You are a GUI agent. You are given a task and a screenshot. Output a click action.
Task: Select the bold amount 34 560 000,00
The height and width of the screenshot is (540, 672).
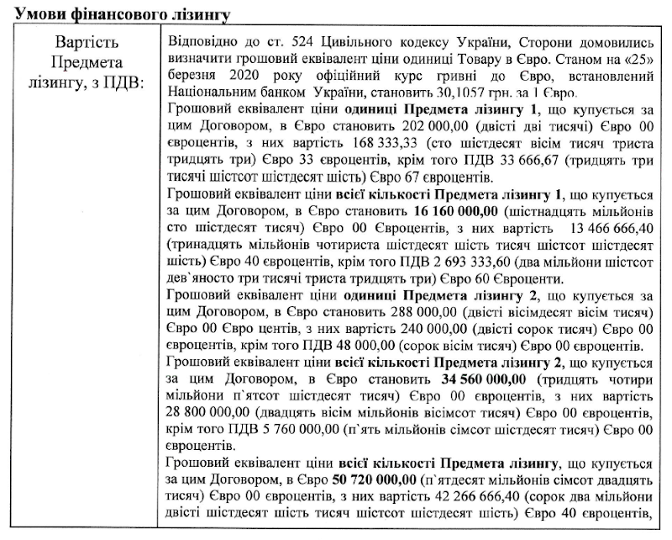tap(485, 379)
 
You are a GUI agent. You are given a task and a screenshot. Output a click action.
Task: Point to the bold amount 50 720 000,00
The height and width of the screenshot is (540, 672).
tap(375, 480)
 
